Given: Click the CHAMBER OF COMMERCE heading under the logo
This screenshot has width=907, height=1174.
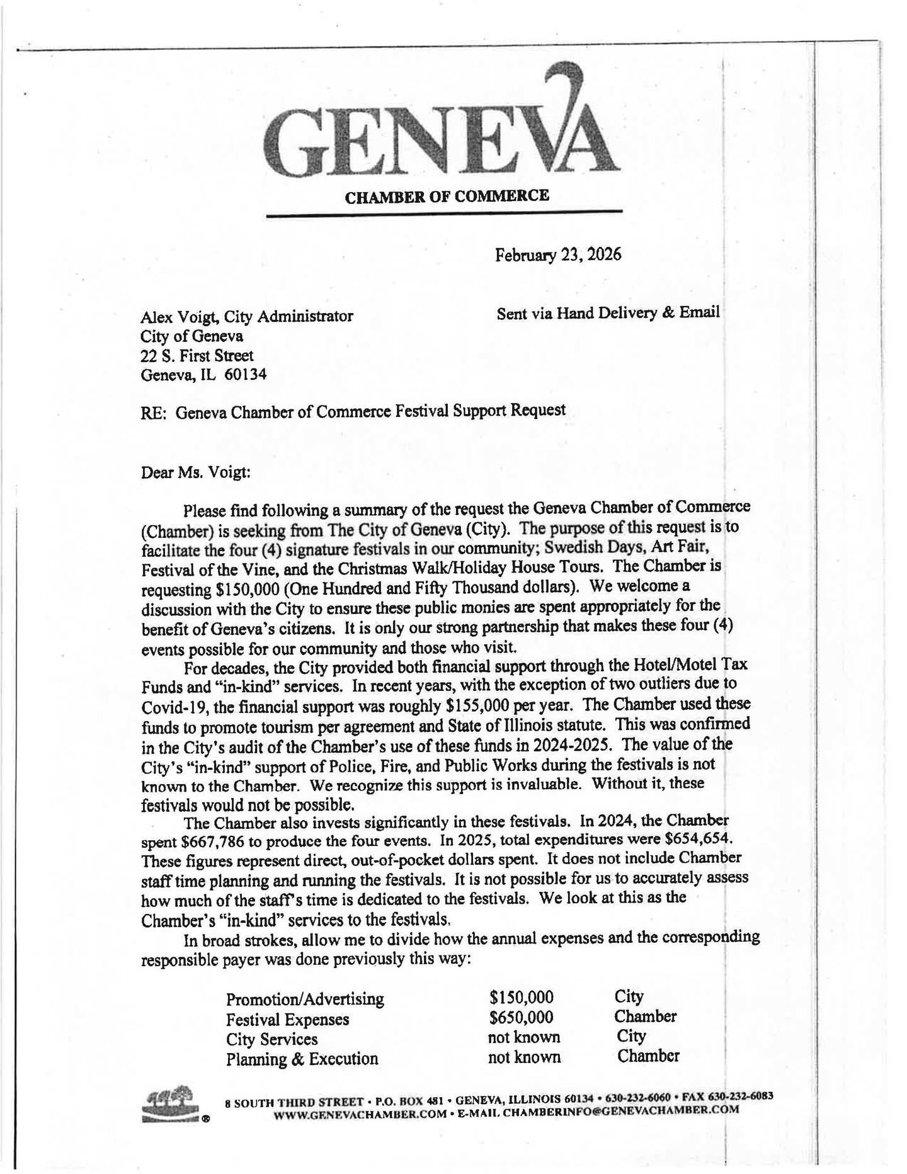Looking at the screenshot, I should point(447,196).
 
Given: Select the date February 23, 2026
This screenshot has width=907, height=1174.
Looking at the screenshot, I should point(557,255).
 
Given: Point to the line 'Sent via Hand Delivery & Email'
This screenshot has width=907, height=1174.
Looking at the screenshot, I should point(607,313).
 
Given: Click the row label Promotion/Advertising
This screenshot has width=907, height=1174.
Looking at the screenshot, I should point(305,1000).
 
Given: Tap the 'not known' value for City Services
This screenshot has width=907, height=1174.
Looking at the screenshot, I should point(523,1037).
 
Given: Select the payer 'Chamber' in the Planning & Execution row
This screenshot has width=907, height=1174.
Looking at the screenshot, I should point(647,1056).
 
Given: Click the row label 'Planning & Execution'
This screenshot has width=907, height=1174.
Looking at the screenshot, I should point(302,1059).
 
